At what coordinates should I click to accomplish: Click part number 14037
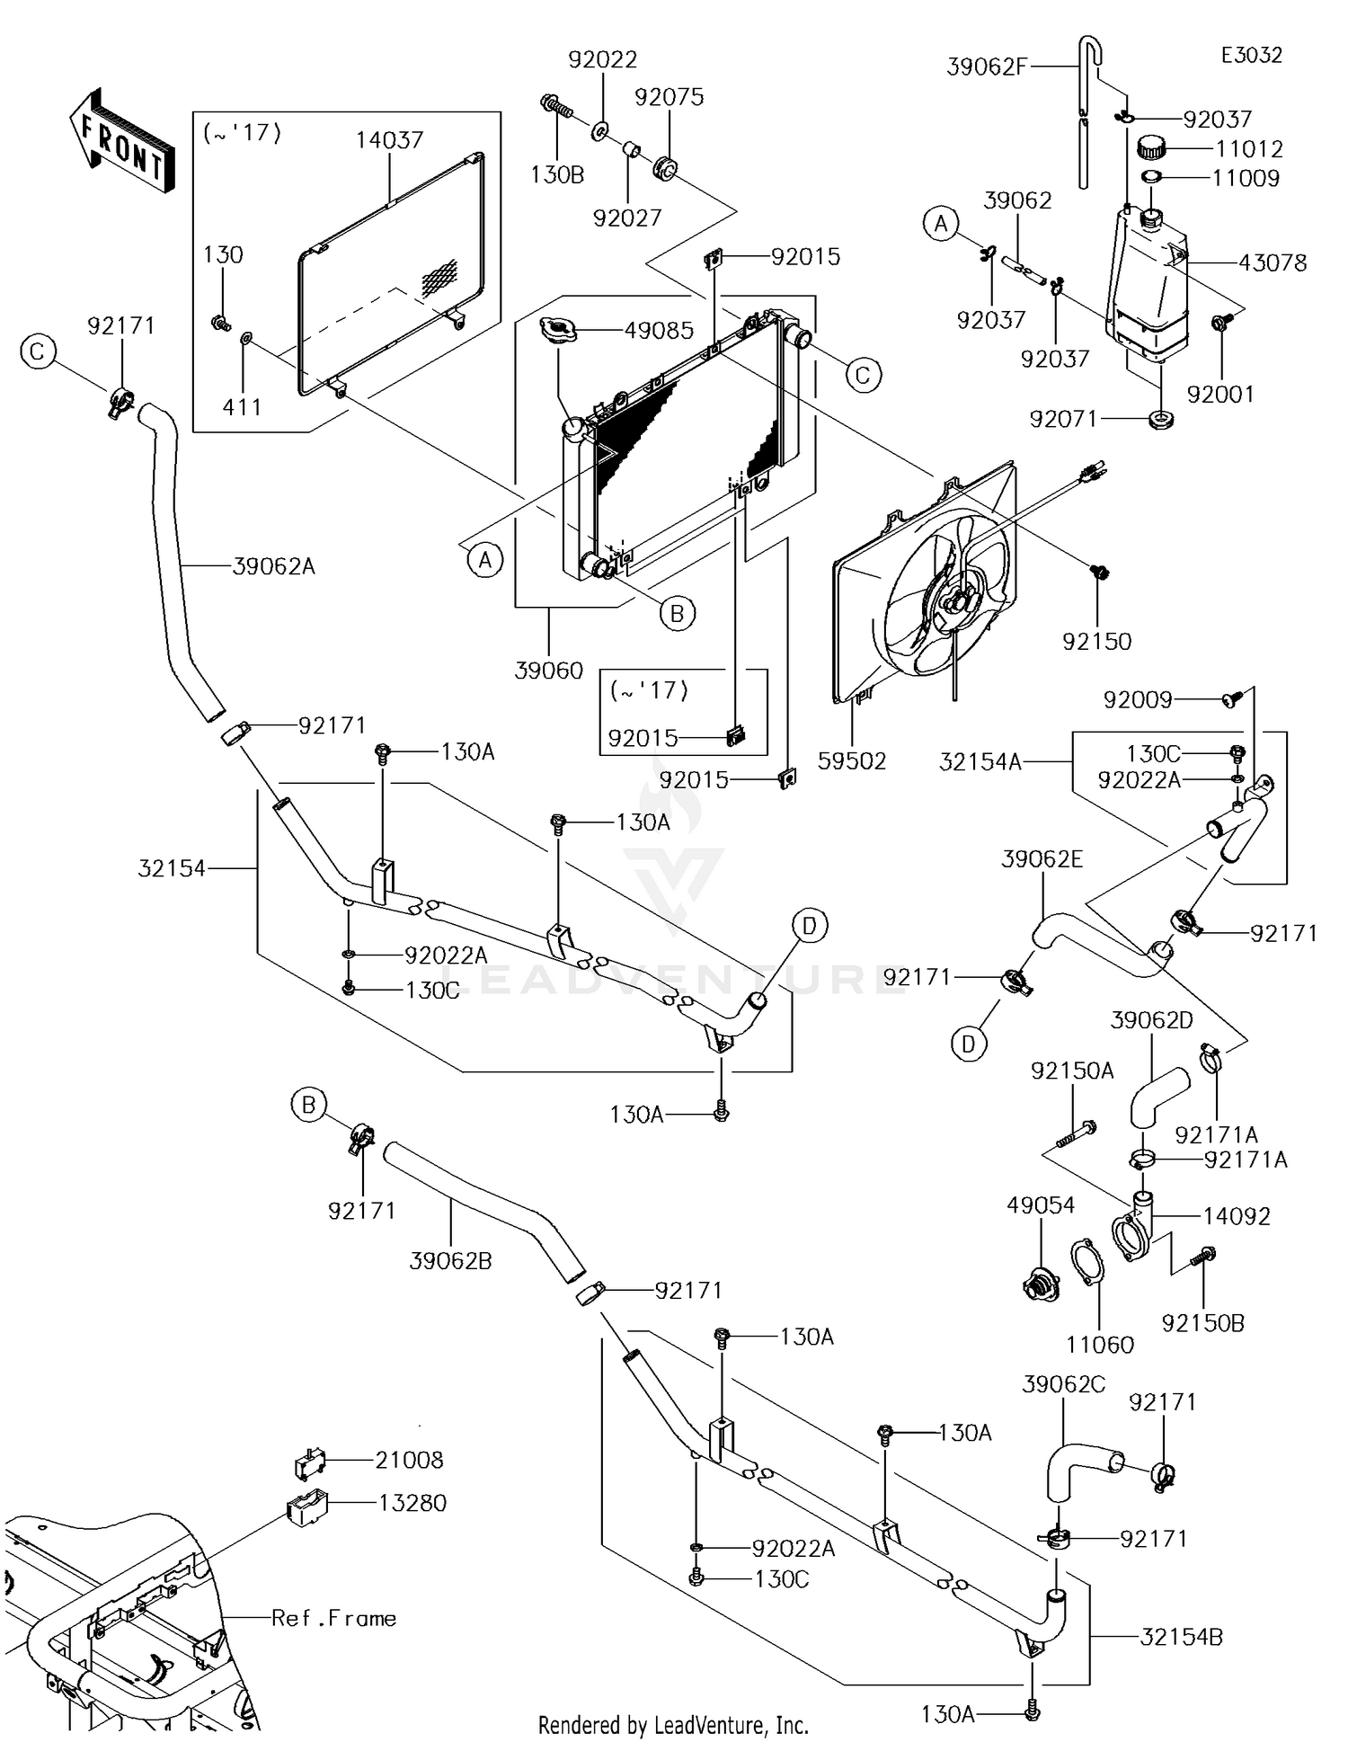[x=389, y=139]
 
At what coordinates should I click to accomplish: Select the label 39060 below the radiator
[x=548, y=671]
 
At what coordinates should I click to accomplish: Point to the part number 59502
[x=852, y=761]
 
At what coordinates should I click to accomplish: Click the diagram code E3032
[x=1251, y=55]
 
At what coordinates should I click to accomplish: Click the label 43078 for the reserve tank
[x=1273, y=263]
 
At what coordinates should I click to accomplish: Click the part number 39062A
[x=273, y=566]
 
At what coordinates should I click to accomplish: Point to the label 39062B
[x=450, y=1261]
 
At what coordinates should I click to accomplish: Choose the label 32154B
[x=1181, y=1637]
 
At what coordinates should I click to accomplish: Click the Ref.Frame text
[x=333, y=1618]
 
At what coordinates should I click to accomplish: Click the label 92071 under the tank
[x=1063, y=419]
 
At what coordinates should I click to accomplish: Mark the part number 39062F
[x=987, y=67]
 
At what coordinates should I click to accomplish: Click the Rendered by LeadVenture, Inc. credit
[x=673, y=1725]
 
